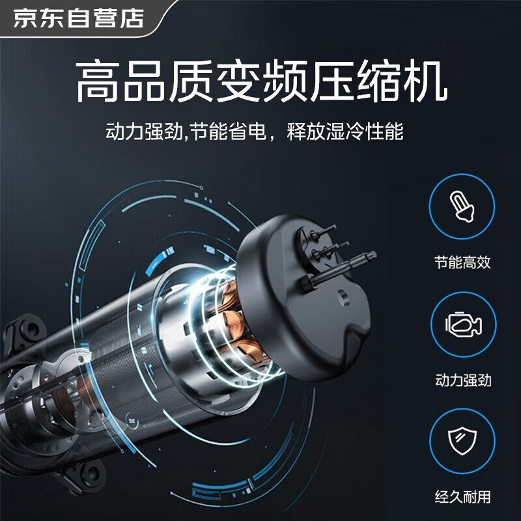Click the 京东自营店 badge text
(79, 18)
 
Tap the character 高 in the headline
(97, 81)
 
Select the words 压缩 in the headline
(355, 81)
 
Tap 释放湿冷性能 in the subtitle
(345, 132)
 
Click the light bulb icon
(462, 206)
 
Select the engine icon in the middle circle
(463, 324)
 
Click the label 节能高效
(462, 262)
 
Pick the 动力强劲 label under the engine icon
(463, 380)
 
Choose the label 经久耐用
(463, 497)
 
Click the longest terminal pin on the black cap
(339, 270)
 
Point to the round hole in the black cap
(343, 298)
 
